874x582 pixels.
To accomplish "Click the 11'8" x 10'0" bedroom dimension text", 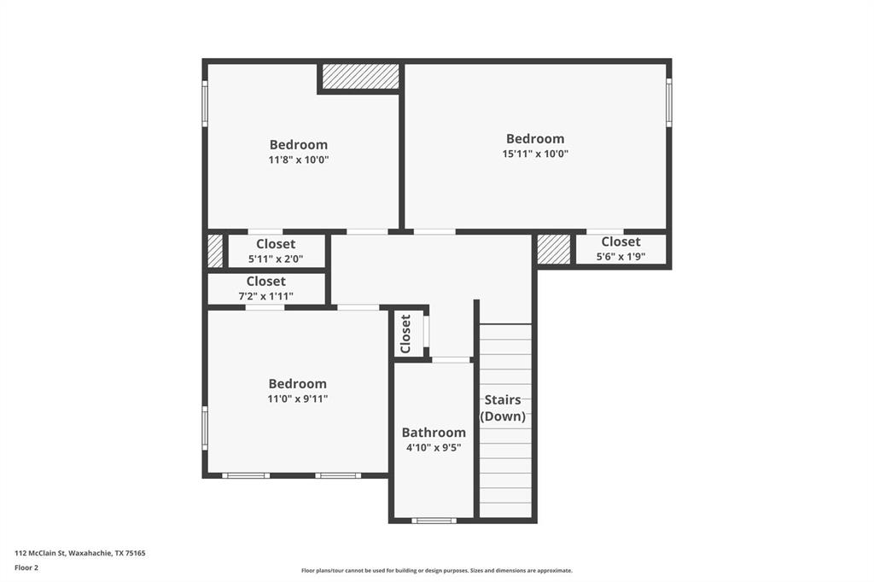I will [298, 160].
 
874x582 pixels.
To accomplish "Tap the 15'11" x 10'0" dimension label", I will [535, 154].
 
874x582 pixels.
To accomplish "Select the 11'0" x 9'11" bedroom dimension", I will [298, 399].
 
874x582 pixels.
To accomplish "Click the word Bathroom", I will [434, 433].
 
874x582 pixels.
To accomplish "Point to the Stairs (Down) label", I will [503, 408].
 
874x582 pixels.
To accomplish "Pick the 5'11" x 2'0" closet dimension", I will [276, 259].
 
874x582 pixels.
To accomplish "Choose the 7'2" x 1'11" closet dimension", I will [265, 296].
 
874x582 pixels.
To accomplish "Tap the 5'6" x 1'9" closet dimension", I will [621, 256].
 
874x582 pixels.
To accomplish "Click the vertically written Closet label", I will [406, 333].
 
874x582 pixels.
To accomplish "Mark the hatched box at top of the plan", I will [361, 76].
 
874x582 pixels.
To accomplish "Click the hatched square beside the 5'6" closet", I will [553, 249].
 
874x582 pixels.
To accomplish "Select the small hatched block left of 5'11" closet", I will [215, 252].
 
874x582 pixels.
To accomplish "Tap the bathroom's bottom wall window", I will [434, 520].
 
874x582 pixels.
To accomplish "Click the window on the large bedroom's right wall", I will [669, 102].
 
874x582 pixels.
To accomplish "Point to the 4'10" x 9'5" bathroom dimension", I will [434, 448].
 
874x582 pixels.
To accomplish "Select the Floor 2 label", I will [27, 567].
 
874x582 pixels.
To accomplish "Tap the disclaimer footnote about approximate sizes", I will [436, 571].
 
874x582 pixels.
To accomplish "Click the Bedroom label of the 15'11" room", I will [535, 138].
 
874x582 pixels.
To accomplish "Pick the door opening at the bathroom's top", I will [451, 359].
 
